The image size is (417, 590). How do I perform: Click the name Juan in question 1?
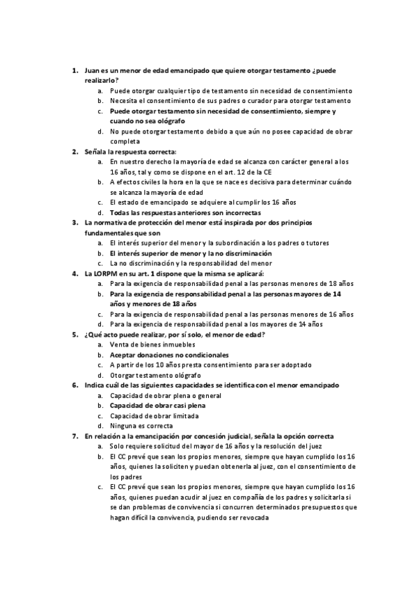[92, 71]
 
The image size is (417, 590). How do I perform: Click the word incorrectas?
[238, 212]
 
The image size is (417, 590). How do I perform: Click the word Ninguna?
[124, 426]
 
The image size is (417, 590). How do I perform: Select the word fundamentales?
[110, 232]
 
